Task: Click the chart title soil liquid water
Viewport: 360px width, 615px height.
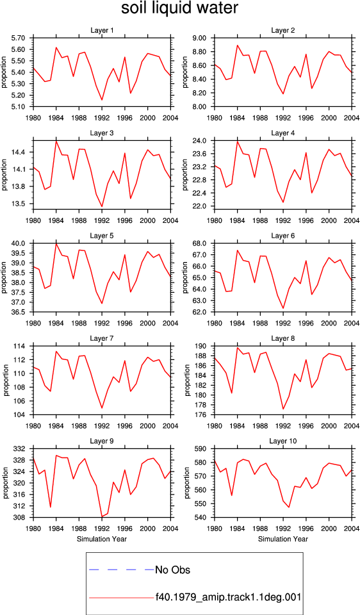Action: coord(179,8)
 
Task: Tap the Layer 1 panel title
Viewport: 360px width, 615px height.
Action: coord(102,30)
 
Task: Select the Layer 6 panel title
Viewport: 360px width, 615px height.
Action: coord(282,236)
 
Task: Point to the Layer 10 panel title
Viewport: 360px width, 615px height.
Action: coord(282,441)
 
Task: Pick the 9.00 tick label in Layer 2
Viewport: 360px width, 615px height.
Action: coord(200,38)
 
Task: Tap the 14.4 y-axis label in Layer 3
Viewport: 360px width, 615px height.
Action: coord(20,152)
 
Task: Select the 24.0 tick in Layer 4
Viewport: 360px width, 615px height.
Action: coord(201,140)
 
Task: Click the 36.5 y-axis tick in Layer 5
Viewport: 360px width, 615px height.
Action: coord(20,312)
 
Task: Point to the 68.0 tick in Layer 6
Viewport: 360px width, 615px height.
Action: coord(201,243)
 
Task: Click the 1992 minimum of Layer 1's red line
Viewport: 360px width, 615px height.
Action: coord(102,100)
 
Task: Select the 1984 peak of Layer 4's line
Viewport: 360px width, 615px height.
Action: coord(237,141)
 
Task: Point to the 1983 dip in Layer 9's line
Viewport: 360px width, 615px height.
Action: coord(51,507)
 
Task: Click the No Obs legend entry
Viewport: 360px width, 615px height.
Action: coord(172,570)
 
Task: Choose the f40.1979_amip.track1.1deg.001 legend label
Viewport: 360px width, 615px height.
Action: coord(228,598)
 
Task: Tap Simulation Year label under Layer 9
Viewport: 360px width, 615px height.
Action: coord(102,539)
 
